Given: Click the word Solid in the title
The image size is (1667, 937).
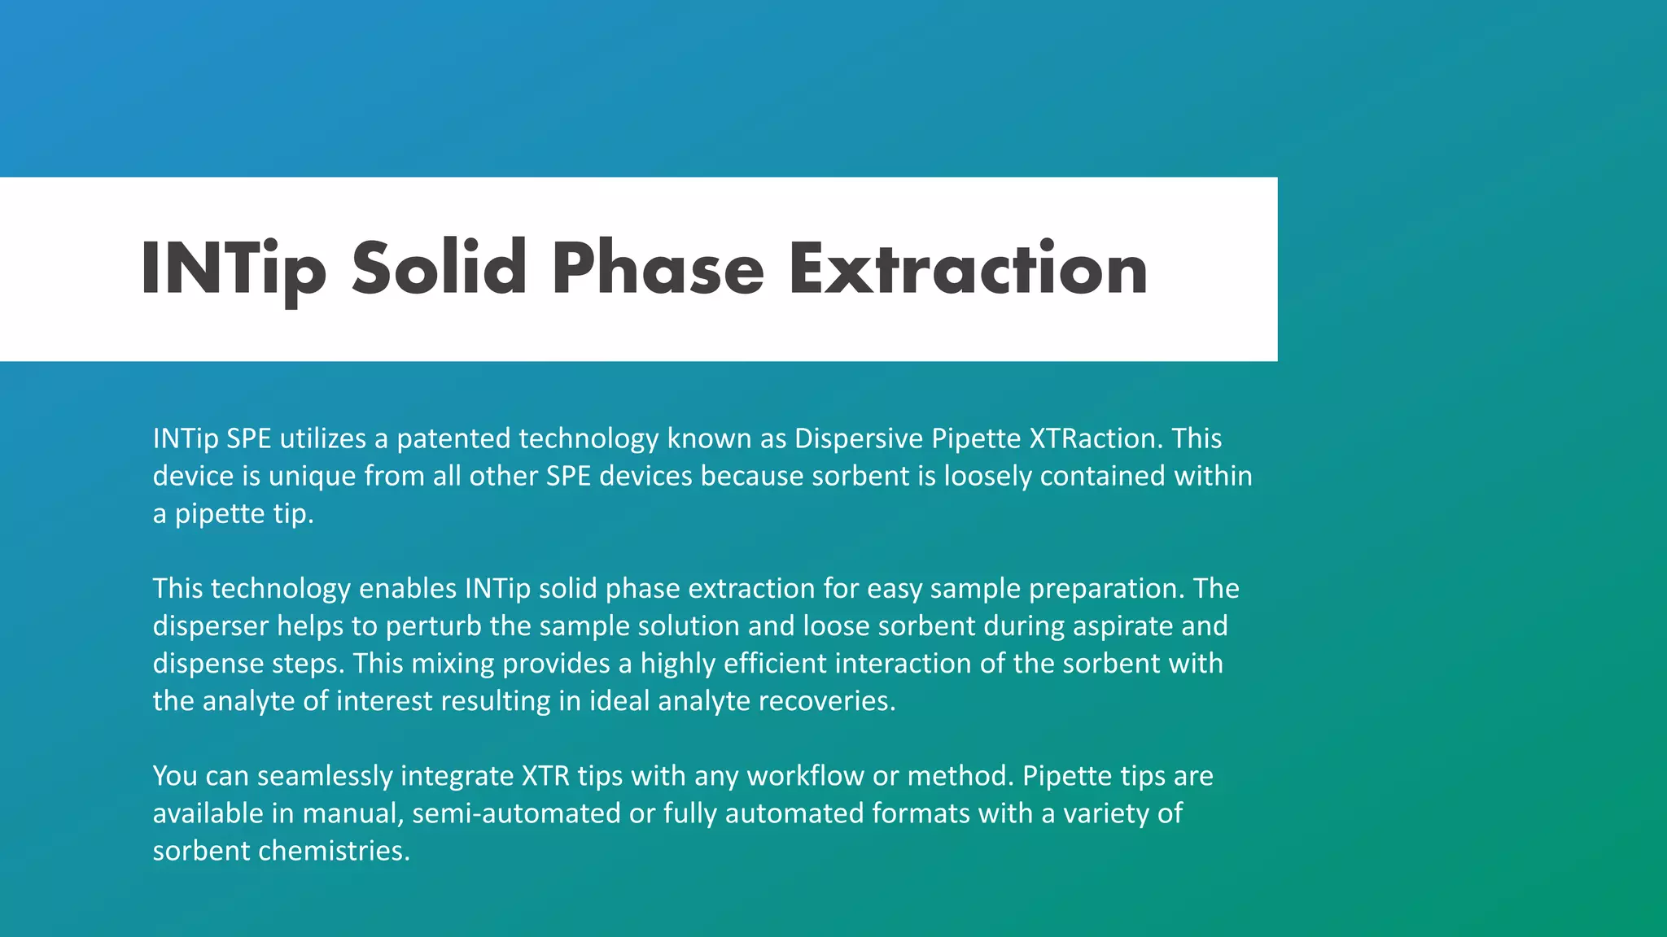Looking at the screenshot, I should [x=439, y=268].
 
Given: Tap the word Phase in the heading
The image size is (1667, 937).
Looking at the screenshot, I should [x=658, y=268].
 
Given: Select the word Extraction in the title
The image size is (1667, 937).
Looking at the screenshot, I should [x=968, y=268].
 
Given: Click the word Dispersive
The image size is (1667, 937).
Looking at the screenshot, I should [x=858, y=439].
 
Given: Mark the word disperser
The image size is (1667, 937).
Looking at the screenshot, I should [x=210, y=626].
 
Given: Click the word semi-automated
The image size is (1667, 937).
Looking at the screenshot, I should [x=516, y=813].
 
